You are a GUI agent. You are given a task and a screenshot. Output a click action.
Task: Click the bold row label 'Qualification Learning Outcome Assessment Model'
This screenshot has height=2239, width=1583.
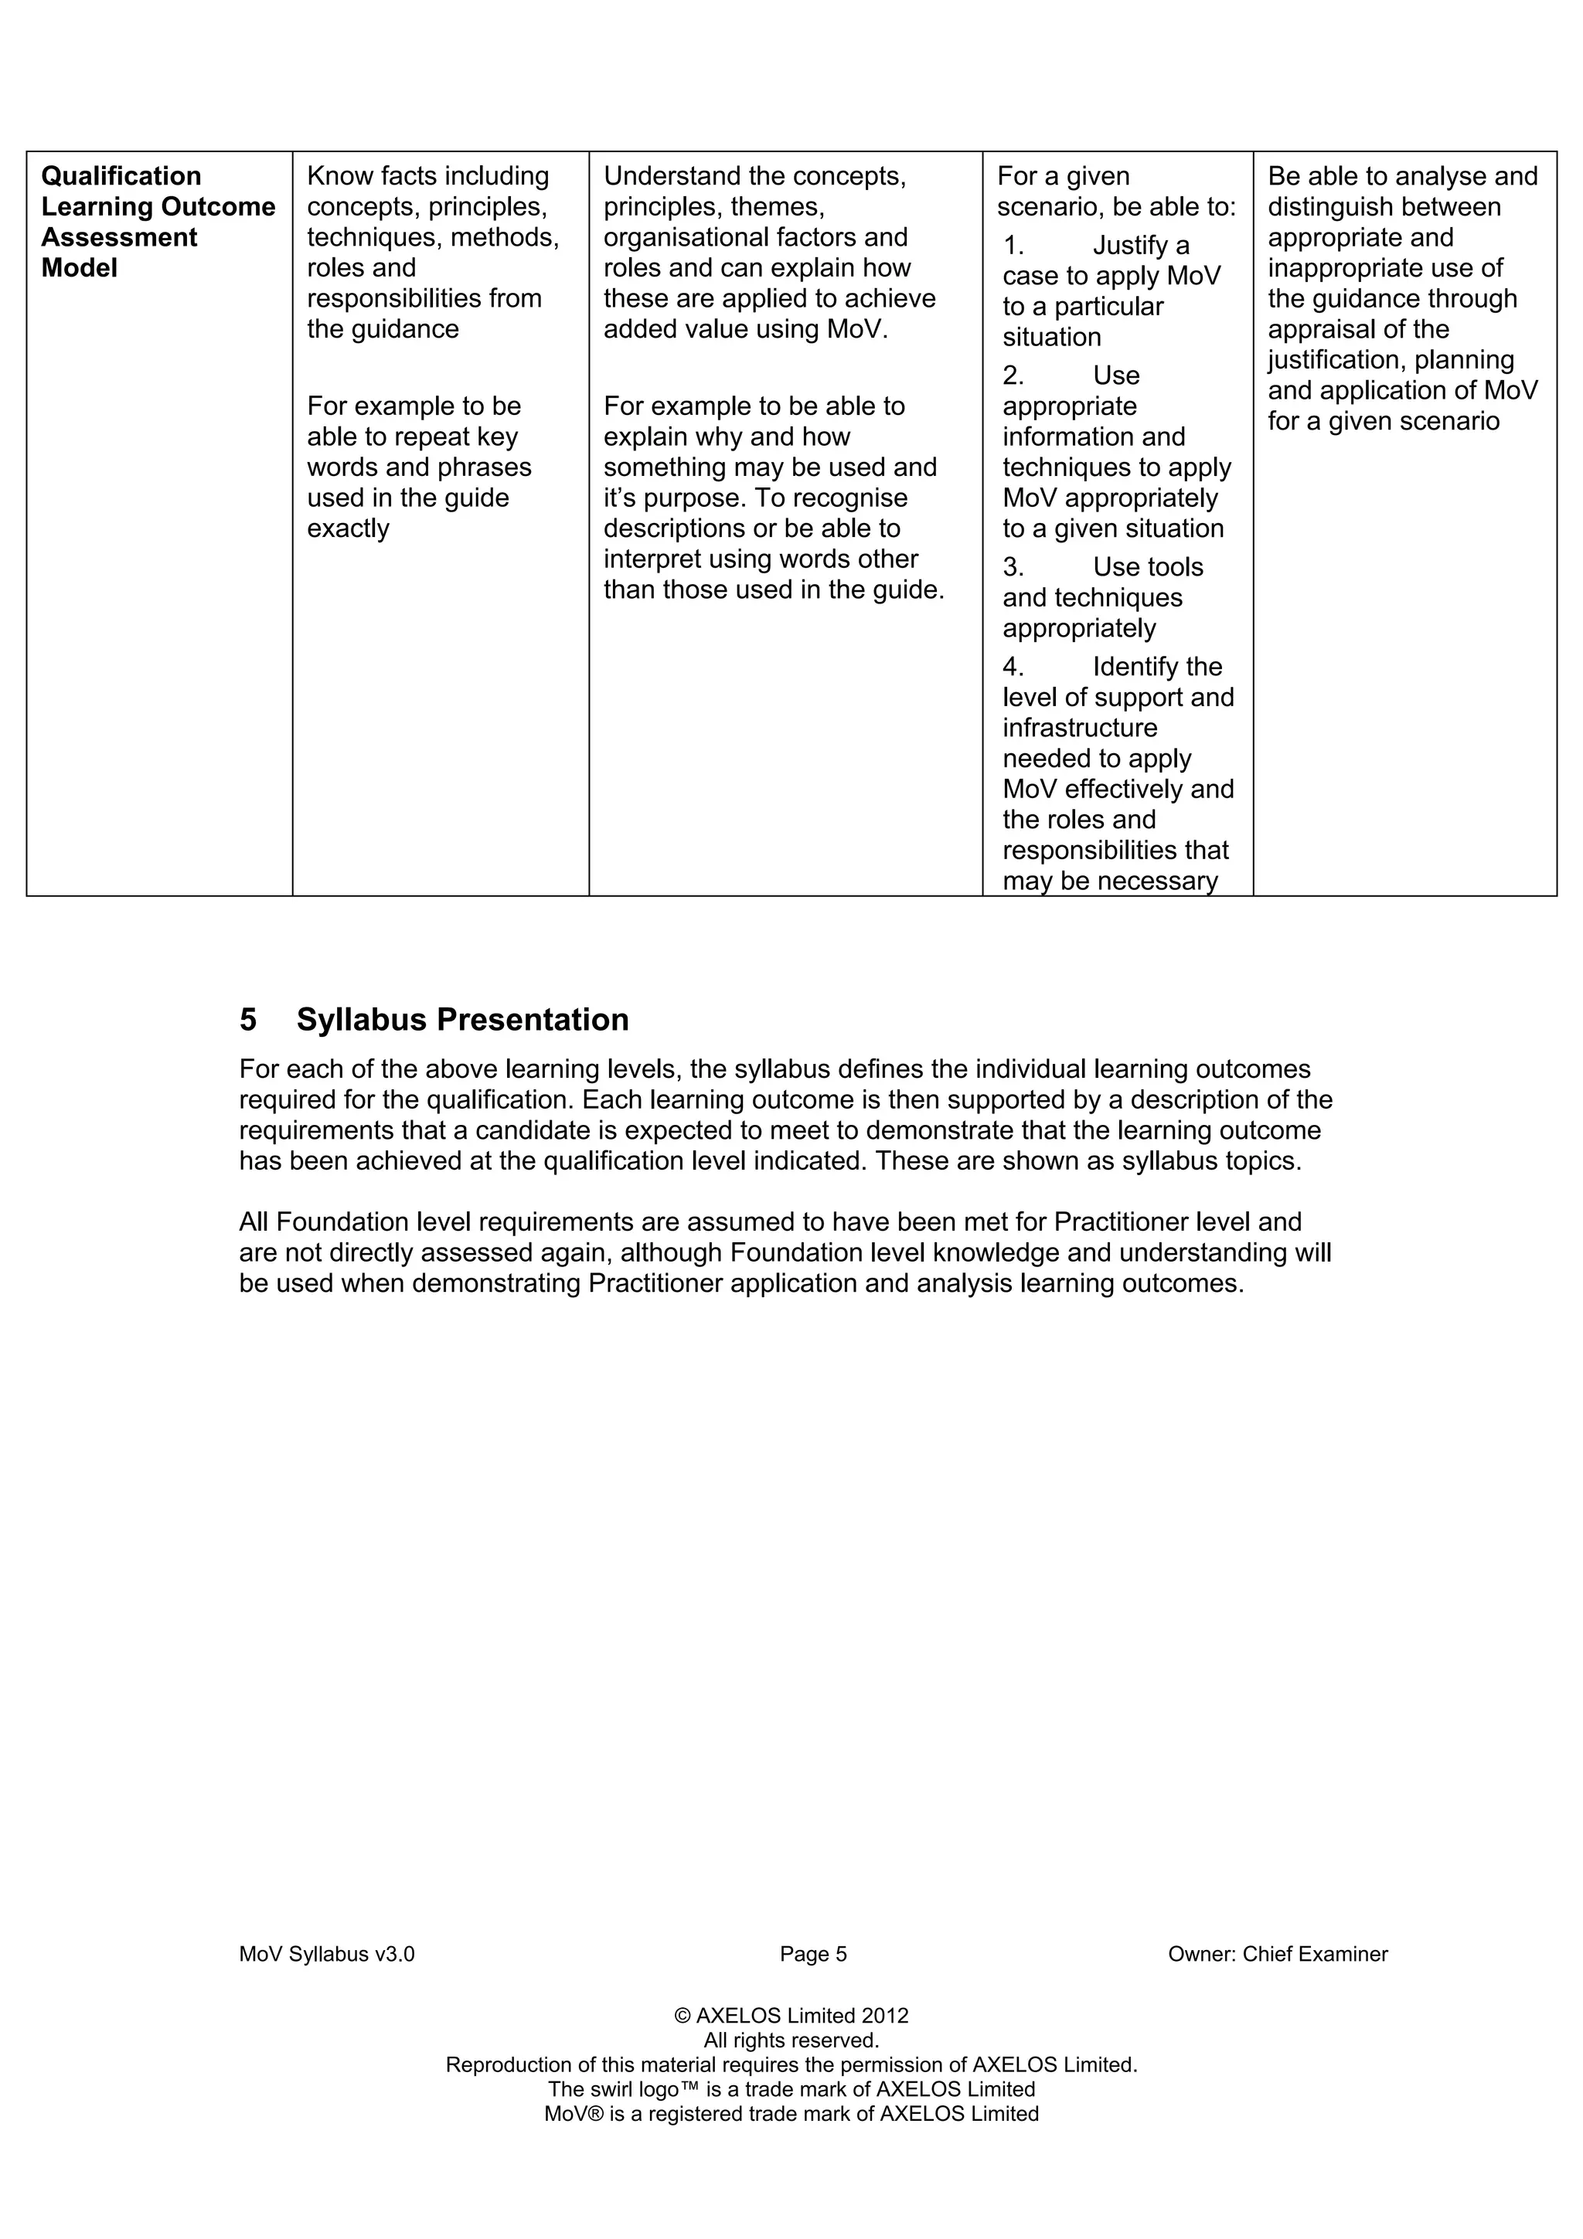click(x=158, y=222)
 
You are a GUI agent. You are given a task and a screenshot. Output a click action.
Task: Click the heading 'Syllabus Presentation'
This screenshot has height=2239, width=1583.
click(x=462, y=1019)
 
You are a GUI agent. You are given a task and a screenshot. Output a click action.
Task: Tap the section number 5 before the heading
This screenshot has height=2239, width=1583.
click(x=248, y=1019)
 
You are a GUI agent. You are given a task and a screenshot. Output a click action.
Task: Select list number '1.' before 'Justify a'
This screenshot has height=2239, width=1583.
click(x=1013, y=246)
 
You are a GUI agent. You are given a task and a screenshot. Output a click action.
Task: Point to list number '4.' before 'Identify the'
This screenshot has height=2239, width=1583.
click(x=1013, y=667)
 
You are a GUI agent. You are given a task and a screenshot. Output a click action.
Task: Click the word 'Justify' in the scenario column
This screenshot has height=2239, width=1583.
click(x=1129, y=246)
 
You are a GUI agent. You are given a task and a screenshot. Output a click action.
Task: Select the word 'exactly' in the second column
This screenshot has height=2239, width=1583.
click(x=348, y=528)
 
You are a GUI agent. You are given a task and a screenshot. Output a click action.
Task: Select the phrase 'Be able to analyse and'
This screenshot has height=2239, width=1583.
click(x=1401, y=176)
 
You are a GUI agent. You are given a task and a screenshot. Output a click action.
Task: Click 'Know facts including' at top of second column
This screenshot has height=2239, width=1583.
click(x=427, y=176)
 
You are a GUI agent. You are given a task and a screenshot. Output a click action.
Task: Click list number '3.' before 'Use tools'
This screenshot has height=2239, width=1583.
click(x=1013, y=568)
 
